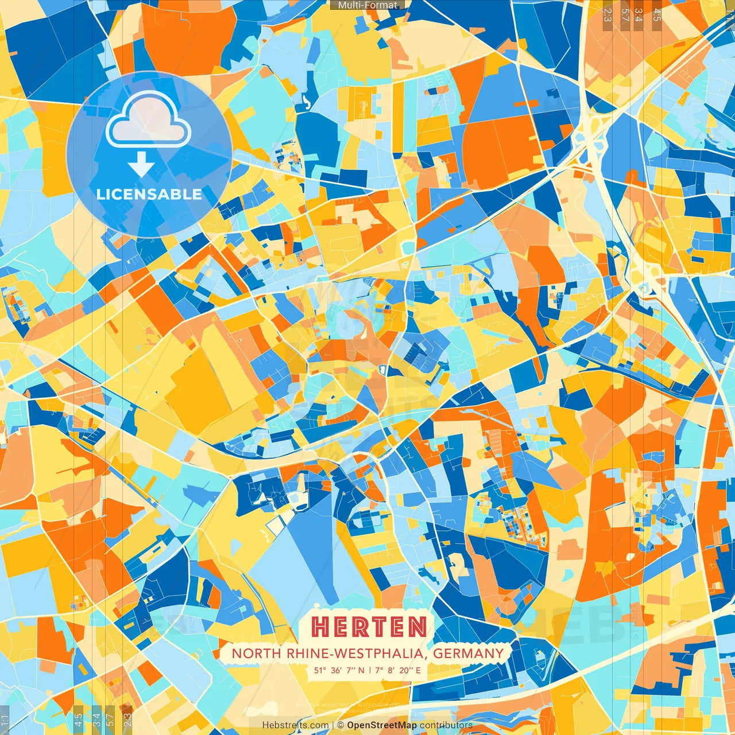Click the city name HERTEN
pyautogui.click(x=369, y=627)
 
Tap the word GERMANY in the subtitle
pyautogui.click(x=468, y=653)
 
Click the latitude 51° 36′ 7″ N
pyautogui.click(x=339, y=670)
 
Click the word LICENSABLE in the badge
pyautogui.click(x=149, y=194)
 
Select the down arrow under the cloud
pyautogui.click(x=141, y=165)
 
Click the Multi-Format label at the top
pyautogui.click(x=367, y=5)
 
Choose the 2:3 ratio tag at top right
pyautogui.click(x=608, y=14)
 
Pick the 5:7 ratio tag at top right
pyautogui.click(x=625, y=14)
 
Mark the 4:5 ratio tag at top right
pyautogui.click(x=657, y=14)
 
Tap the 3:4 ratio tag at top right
pyautogui.click(x=638, y=14)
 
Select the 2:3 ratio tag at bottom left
pyautogui.click(x=127, y=719)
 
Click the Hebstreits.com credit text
pyautogui.click(x=295, y=725)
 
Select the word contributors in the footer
pyautogui.click(x=446, y=725)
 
